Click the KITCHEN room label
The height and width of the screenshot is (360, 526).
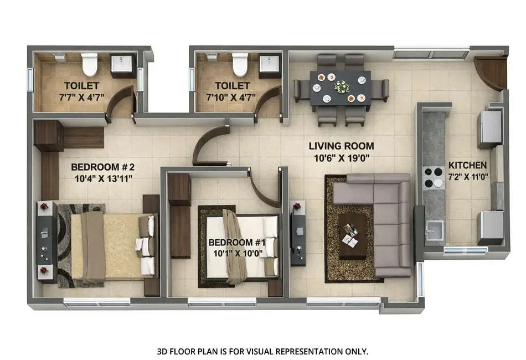click(467, 165)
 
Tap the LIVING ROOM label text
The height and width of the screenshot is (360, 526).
click(341, 146)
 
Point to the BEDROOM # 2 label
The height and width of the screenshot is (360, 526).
click(103, 167)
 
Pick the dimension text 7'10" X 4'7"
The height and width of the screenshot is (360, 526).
click(233, 96)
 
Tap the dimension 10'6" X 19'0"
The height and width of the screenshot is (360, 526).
click(341, 157)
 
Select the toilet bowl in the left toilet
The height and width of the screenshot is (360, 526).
click(90, 64)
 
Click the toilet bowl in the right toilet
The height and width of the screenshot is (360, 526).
click(240, 64)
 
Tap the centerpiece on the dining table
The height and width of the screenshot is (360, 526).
click(342, 87)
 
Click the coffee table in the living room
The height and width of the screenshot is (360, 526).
click(352, 235)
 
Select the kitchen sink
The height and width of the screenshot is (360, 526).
click(434, 229)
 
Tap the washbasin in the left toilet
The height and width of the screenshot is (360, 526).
click(123, 65)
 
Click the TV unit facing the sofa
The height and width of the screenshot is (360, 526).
click(298, 233)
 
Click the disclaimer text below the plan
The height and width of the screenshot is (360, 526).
click(262, 351)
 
